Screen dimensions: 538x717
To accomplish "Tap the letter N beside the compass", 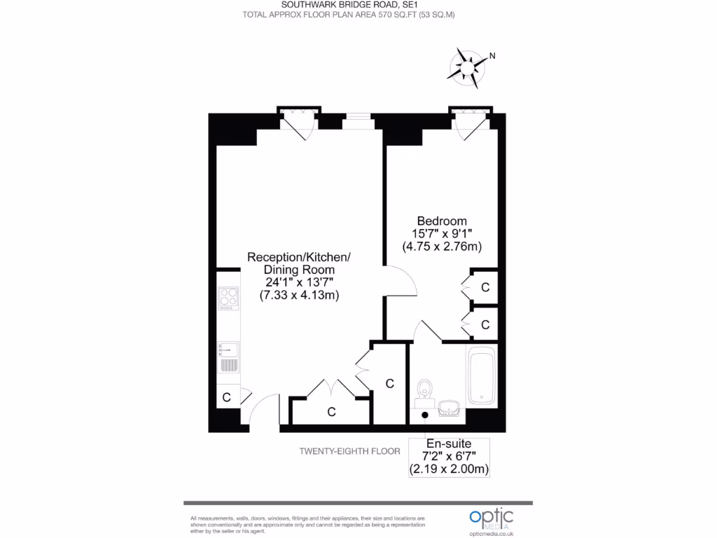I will tap(492, 56).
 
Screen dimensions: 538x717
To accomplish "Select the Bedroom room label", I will tap(442, 221).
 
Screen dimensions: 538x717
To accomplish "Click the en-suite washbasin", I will tap(449, 408).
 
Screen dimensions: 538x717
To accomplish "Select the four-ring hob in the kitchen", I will tap(228, 299).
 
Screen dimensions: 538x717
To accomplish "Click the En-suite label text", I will tap(448, 443).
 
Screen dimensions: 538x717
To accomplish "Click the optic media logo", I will tap(491, 520).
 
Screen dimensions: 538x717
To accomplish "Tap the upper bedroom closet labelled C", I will tap(485, 287).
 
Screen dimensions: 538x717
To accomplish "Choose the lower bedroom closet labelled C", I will tap(485, 324).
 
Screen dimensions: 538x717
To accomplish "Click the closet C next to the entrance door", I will tap(226, 397).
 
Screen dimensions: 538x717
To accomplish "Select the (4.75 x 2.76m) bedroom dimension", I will tap(442, 247).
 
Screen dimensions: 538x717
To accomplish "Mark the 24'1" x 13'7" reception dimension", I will tap(299, 282).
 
